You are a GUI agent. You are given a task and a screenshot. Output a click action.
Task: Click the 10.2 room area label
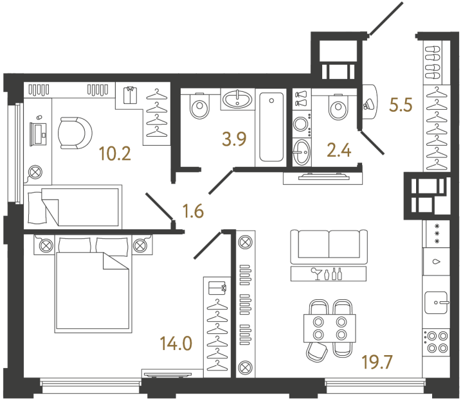tap(115, 154)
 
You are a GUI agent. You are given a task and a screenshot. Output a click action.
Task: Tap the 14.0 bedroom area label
tap(176, 344)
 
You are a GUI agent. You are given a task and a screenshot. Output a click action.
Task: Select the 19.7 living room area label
tap(377, 362)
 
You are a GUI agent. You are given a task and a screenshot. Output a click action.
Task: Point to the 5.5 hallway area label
tap(401, 105)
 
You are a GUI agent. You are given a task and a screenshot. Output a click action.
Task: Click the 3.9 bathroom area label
tap(234, 139)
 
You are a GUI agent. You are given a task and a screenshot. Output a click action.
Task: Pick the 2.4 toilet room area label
tap(339, 150)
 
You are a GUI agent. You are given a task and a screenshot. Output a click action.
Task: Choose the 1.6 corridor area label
tap(193, 211)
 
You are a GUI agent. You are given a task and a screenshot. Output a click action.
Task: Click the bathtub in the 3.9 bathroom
tap(271, 127)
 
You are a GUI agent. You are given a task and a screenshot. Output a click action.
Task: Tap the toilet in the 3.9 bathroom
tap(200, 105)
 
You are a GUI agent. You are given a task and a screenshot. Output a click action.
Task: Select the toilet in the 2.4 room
tap(338, 107)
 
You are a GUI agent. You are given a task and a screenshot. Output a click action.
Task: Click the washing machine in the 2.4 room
tap(302, 124)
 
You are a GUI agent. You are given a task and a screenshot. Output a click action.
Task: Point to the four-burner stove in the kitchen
tap(436, 342)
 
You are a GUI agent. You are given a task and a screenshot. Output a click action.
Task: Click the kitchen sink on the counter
tap(437, 302)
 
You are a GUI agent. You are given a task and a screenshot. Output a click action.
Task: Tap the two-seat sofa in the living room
tap(329, 247)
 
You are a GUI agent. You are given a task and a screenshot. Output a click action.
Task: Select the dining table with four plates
tap(329, 328)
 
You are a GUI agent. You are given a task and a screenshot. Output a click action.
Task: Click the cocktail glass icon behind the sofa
tap(318, 274)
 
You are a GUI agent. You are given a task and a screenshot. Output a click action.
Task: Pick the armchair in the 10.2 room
tap(75, 133)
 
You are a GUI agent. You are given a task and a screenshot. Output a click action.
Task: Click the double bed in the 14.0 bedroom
tap(93, 284)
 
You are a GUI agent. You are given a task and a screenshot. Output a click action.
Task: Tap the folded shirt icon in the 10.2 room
tap(130, 95)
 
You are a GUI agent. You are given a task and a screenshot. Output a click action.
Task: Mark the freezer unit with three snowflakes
tap(437, 234)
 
